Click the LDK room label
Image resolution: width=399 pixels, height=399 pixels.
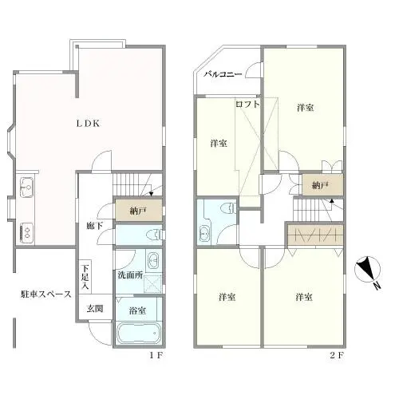coord(88,124)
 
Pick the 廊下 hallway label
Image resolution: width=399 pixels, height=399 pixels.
coord(95,225)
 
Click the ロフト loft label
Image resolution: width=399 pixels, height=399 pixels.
coord(247,104)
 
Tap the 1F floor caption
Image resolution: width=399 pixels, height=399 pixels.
coord(156,355)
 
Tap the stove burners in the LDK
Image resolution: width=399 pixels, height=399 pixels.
coord(26,231)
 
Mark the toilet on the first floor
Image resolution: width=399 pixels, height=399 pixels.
coord(155,235)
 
